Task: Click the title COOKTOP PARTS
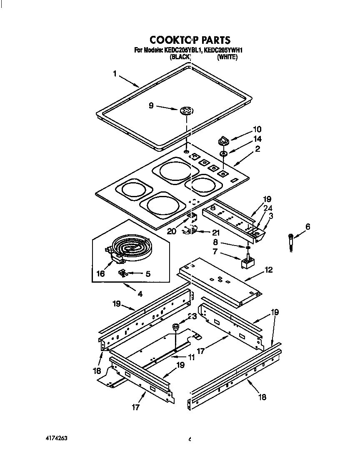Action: click(x=190, y=40)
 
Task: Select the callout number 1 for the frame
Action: click(x=115, y=74)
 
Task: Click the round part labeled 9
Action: click(x=186, y=111)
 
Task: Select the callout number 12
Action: click(x=268, y=270)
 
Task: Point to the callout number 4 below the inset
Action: click(x=140, y=294)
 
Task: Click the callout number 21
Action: click(x=215, y=233)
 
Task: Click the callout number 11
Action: click(x=191, y=357)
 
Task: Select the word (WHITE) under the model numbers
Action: click(x=227, y=58)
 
